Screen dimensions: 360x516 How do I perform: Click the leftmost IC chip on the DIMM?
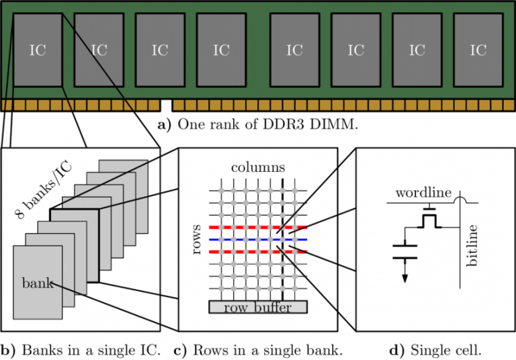(x=38, y=50)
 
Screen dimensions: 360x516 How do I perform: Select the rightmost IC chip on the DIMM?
(x=478, y=50)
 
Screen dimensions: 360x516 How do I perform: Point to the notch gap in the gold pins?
(x=167, y=105)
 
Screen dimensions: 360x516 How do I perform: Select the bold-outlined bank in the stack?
(x=74, y=245)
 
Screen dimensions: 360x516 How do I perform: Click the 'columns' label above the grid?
(x=258, y=167)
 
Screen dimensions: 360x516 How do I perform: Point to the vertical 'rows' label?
(x=197, y=239)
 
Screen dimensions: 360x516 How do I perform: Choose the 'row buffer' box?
(x=258, y=308)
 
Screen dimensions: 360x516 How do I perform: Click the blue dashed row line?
(x=258, y=239)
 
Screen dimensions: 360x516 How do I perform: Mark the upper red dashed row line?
(x=258, y=227)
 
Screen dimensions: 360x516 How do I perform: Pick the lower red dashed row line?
(x=258, y=252)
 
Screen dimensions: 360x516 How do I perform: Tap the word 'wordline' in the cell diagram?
(x=423, y=193)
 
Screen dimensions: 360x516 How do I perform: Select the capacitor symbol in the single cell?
(x=404, y=253)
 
